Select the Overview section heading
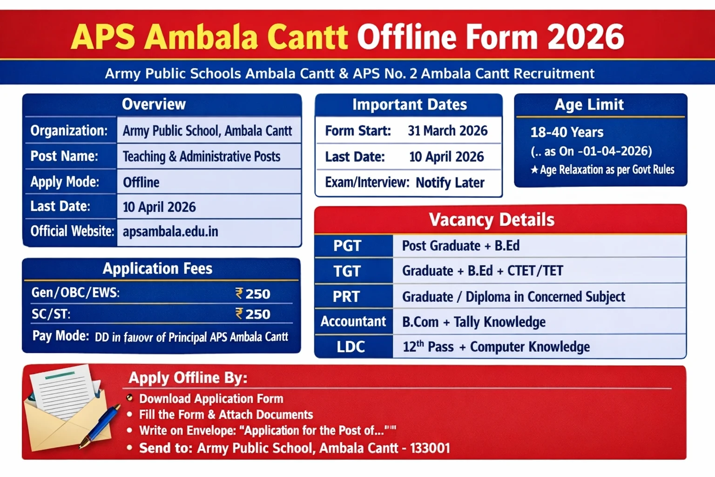point(154,104)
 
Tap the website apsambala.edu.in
point(170,232)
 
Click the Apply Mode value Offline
point(141,182)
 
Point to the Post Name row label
point(64,156)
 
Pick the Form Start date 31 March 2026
point(447,131)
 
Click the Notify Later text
point(450,183)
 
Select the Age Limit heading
point(589,105)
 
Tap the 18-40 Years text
point(567,132)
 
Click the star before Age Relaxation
point(534,170)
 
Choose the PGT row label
point(347,246)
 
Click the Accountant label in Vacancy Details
point(353,321)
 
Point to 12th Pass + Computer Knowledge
point(496,347)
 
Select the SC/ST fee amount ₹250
point(253,314)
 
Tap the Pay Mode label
point(61,336)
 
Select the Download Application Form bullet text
point(211,399)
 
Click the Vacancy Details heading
point(491,220)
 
